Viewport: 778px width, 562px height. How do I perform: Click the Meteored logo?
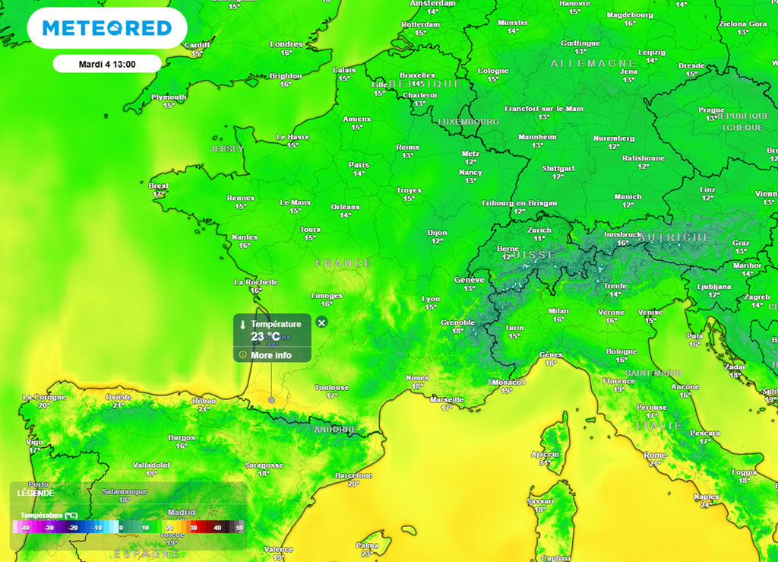(106, 28)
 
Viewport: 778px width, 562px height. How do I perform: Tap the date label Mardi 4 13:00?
(107, 64)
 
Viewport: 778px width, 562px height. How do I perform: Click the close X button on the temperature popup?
(321, 322)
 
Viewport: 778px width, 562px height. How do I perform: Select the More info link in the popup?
(271, 355)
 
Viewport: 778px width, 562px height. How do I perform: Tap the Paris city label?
(359, 164)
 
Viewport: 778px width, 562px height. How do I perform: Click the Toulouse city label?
(332, 387)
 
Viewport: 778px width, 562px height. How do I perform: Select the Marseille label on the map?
(446, 399)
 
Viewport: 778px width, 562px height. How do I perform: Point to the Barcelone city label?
(354, 475)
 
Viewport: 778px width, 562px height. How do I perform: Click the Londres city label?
(286, 44)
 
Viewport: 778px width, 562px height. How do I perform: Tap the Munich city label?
(628, 196)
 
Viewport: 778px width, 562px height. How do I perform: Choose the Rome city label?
(655, 455)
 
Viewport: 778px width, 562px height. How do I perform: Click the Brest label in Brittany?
(159, 186)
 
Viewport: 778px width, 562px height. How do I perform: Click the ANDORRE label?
(335, 430)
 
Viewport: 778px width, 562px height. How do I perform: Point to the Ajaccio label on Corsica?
(545, 454)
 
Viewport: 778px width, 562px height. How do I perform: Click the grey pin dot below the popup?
(272, 399)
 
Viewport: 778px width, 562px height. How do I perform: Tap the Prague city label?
(711, 110)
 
